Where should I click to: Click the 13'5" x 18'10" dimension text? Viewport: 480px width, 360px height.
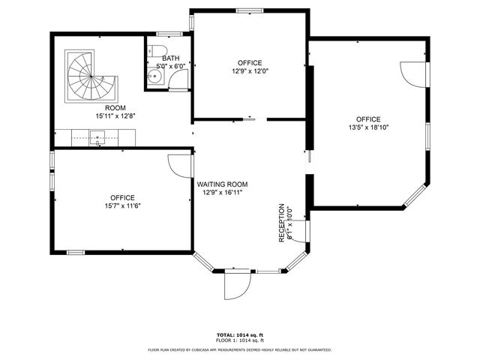pyautogui.click(x=368, y=127)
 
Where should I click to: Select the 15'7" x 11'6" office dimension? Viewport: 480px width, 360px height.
pyautogui.click(x=121, y=206)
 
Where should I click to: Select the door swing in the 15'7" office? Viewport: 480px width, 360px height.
pyautogui.click(x=180, y=164)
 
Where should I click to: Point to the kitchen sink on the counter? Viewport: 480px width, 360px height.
pyautogui.click(x=97, y=136)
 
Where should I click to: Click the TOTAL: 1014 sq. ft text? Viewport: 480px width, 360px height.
pyautogui.click(x=240, y=334)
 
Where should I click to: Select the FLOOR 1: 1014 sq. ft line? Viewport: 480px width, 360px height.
pyautogui.click(x=240, y=341)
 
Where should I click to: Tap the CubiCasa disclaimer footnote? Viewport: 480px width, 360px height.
pyautogui.click(x=240, y=349)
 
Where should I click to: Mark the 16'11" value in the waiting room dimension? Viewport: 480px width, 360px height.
pyautogui.click(x=233, y=193)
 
